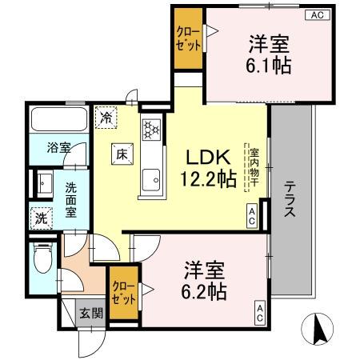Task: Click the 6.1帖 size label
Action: point(268,65)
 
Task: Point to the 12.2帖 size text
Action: point(210,180)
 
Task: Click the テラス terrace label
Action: point(290,198)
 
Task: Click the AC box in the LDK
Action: point(251,214)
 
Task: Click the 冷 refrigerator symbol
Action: point(106,117)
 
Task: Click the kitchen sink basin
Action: point(150,181)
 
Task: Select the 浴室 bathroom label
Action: point(59,148)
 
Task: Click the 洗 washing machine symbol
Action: point(40,217)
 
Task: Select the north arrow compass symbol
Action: point(319,329)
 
